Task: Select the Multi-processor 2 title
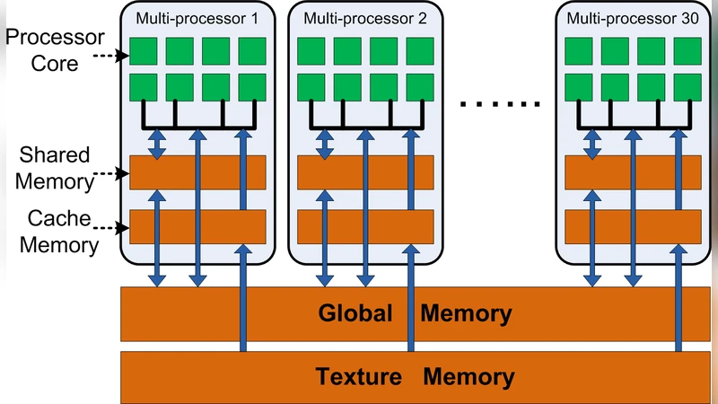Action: coord(353,17)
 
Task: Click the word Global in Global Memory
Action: coord(355,314)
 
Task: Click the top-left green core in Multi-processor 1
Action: coord(144,51)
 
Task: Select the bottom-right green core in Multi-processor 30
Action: coord(687,87)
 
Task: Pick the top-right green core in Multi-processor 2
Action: coord(419,51)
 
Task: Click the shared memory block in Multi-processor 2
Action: coord(365,172)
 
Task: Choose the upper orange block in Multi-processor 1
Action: coord(197,172)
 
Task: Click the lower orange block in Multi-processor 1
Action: coord(197,226)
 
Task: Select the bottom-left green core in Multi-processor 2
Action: coord(311,87)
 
